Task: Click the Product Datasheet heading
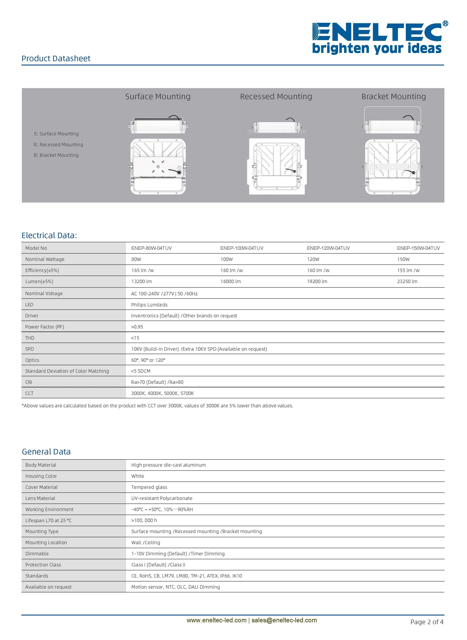coord(56,59)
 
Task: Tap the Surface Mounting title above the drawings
coord(158,97)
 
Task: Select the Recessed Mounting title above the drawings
coord(276,97)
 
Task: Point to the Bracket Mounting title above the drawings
coord(394,97)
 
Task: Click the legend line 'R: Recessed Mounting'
coord(59,144)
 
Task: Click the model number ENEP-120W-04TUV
coord(328,248)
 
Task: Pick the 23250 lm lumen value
coord(407,282)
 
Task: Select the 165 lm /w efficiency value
coord(142,270)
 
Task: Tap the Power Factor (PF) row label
coord(45,327)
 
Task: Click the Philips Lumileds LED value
coord(149,305)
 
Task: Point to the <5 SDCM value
coord(141,371)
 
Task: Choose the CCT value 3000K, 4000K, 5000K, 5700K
coord(163,393)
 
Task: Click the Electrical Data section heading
coord(49,235)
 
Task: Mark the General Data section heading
coord(46,452)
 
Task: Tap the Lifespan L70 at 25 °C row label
coord(48,521)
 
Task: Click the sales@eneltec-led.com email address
coord(284,620)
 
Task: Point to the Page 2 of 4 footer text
coord(427,622)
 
